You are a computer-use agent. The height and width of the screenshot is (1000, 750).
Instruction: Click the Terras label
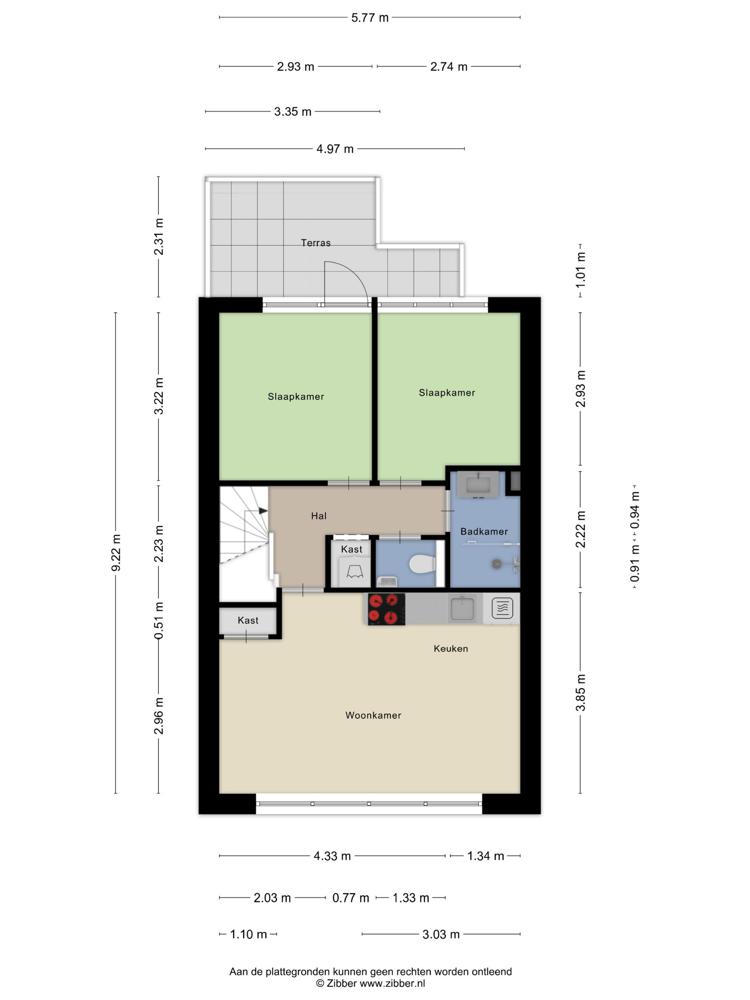316,243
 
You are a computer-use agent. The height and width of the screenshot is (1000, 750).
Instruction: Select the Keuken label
451,648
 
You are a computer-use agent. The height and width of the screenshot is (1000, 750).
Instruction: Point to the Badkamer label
484,531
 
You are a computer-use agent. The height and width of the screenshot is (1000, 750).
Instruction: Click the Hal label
319,516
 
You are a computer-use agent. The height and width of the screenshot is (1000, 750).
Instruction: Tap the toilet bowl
422,564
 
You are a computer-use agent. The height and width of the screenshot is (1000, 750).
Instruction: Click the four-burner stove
386,609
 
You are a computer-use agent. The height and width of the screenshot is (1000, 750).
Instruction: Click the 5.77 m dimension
370,17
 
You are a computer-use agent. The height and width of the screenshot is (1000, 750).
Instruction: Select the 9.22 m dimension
116,552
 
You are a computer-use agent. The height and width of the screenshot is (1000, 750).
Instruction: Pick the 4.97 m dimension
335,149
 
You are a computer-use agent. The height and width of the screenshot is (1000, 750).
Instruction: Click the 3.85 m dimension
580,692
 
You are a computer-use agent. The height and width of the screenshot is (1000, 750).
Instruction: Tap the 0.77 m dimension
351,898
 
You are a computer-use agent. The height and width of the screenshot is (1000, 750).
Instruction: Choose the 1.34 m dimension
485,856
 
